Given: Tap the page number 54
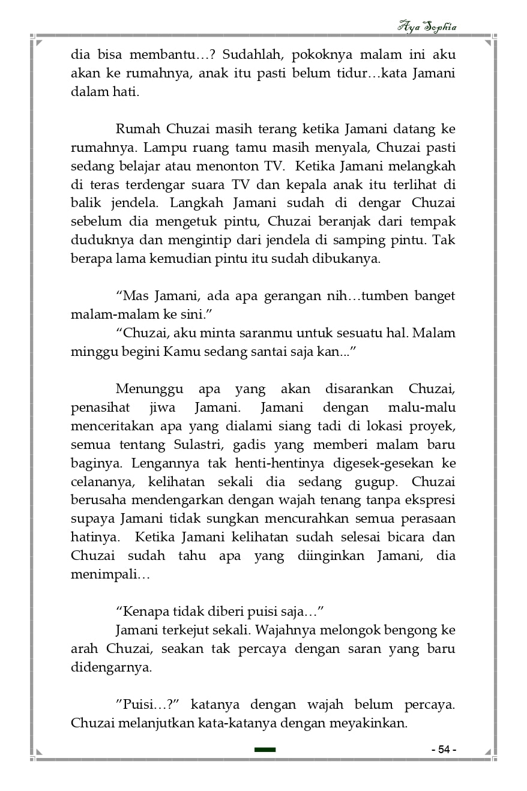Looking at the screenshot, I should [x=444, y=750].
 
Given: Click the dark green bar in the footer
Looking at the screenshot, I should [x=265, y=750].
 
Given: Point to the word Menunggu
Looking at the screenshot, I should [x=149, y=389].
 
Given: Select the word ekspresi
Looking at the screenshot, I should [x=429, y=500].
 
